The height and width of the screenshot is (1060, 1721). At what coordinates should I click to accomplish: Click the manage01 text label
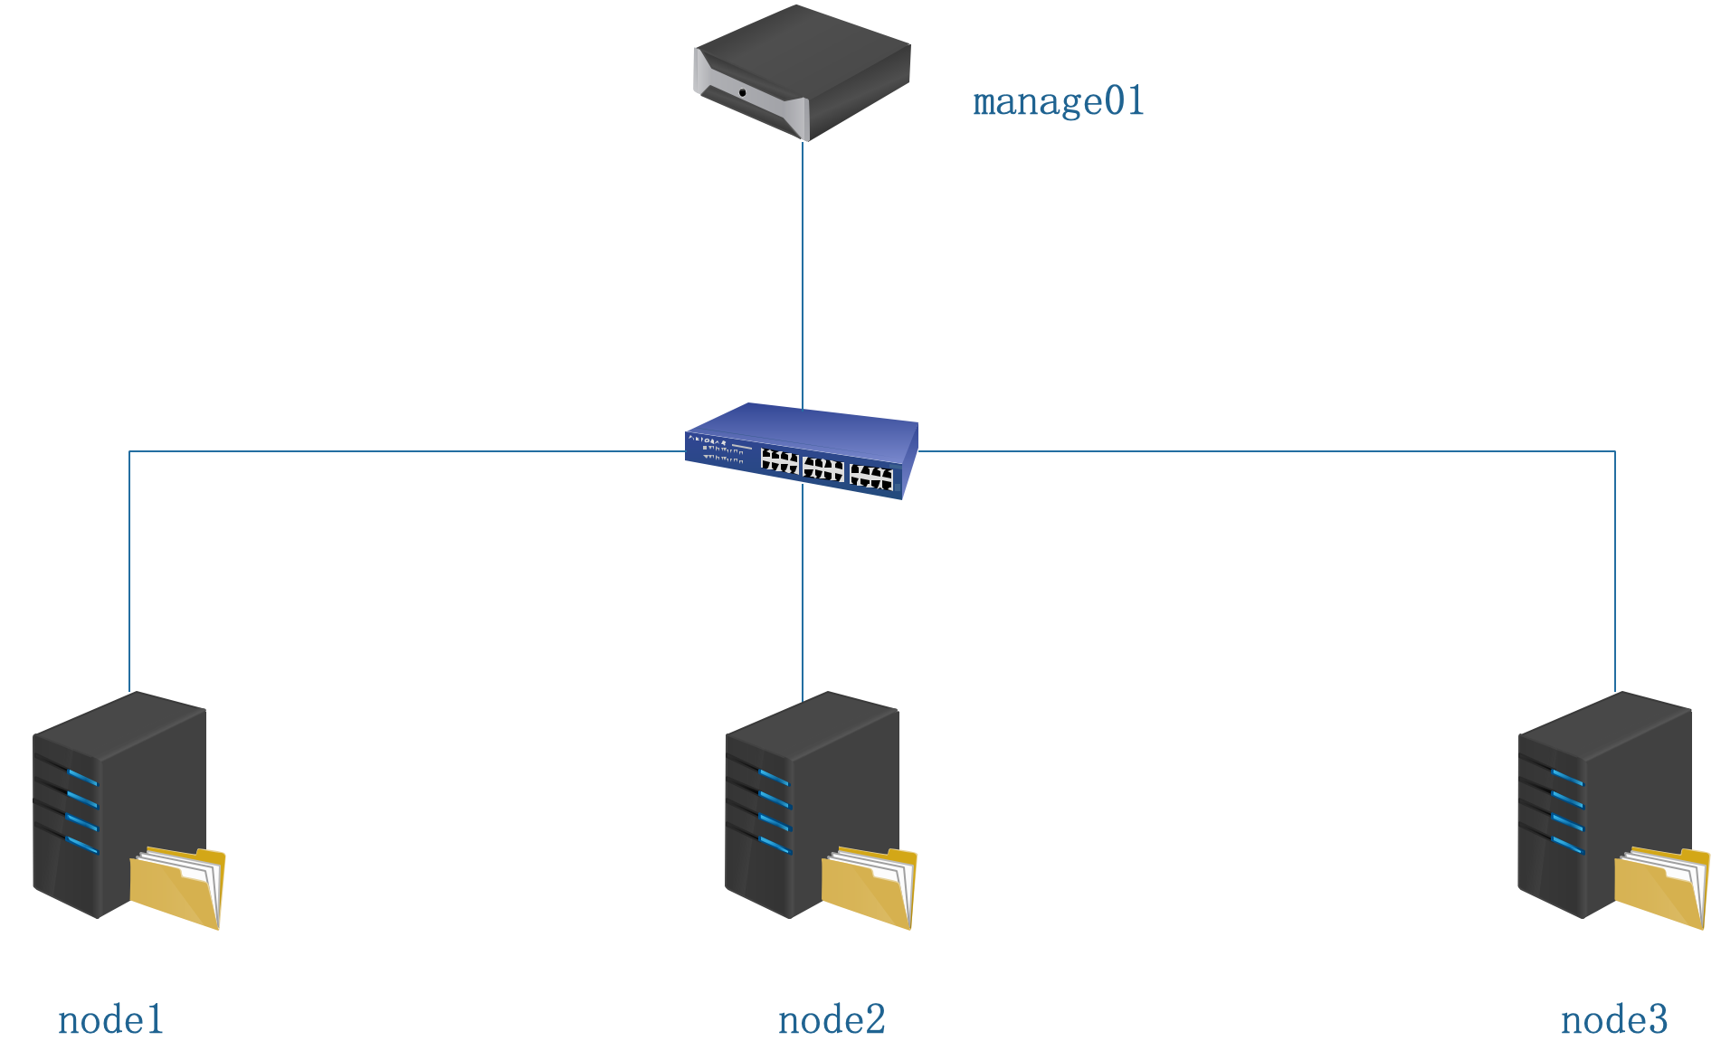(1058, 101)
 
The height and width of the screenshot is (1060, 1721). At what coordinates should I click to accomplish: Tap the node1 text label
(110, 1020)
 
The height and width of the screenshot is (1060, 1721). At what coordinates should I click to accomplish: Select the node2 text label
(832, 1020)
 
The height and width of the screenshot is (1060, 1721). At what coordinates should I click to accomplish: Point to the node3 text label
(1614, 1020)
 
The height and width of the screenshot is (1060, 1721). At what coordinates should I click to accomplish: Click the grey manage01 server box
(802, 72)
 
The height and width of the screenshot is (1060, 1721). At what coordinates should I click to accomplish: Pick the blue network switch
(802, 450)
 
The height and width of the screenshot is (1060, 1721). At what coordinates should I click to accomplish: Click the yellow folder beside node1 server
(177, 888)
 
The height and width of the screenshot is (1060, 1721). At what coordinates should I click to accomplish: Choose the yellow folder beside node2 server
(870, 888)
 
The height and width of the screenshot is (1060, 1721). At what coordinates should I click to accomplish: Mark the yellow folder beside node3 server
(1662, 888)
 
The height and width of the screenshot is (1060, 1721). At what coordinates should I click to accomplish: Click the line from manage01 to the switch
(803, 271)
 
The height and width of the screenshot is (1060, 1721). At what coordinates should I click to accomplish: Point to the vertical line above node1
(129, 570)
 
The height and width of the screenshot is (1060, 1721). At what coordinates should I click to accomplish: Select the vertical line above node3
(1615, 570)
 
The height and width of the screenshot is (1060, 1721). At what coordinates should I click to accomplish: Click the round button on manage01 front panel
(743, 92)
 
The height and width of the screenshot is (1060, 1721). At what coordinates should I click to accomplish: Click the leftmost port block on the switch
(779, 461)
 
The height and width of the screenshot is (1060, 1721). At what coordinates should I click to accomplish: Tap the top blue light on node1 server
(82, 778)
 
